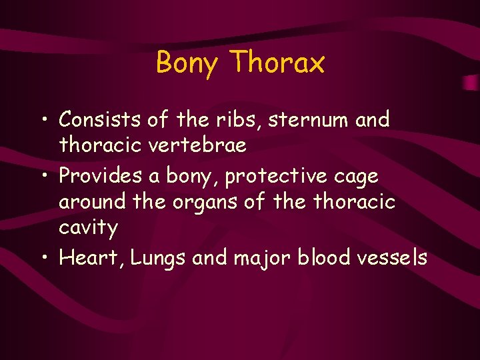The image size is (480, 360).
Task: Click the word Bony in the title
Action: pos(187,64)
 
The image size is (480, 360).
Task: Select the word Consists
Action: pos(100,120)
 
